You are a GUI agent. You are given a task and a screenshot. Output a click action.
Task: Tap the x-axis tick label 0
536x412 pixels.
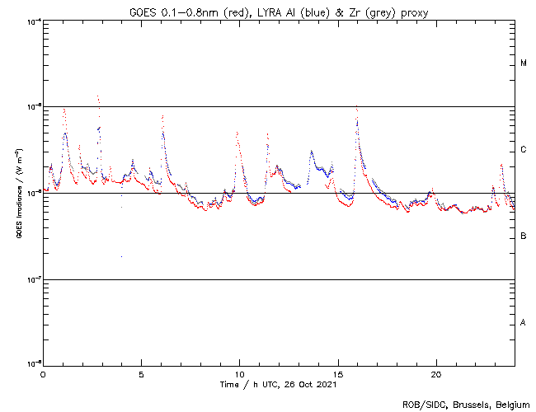tap(43, 373)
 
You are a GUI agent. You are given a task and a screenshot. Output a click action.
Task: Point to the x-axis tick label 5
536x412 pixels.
tap(141, 373)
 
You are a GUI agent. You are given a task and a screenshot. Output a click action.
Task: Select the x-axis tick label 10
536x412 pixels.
tap(239, 373)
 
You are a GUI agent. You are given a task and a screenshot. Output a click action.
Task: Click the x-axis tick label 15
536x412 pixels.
tap(337, 373)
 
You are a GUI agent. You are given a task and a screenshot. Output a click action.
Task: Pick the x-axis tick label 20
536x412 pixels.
tap(435, 373)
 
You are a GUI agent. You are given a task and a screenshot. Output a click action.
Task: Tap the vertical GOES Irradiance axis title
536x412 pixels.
tap(18, 193)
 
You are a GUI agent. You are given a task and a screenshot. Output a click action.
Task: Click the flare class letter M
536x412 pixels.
tap(524, 63)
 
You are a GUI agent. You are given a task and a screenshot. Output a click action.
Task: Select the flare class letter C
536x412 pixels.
tap(524, 150)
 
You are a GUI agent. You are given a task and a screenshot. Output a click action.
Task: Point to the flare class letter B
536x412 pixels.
tap(524, 236)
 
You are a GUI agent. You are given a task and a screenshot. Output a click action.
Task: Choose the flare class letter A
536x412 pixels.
tap(524, 323)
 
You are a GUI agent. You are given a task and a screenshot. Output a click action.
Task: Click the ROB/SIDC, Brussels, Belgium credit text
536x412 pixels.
tap(465, 404)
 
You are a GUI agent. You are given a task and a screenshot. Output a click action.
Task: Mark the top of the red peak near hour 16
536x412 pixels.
tap(356, 105)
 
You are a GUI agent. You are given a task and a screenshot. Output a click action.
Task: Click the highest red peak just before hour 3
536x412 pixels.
tap(98, 96)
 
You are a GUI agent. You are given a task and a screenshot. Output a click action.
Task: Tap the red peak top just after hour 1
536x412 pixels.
tap(63, 109)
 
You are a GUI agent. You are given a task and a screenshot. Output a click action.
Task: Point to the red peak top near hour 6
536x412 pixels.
tap(162, 116)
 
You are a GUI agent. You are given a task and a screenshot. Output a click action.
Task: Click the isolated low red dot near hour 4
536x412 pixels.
tap(121, 256)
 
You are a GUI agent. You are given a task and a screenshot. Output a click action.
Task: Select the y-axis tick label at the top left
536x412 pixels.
tap(33, 21)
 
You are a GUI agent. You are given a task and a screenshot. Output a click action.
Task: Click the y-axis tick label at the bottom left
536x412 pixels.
tap(33, 363)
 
